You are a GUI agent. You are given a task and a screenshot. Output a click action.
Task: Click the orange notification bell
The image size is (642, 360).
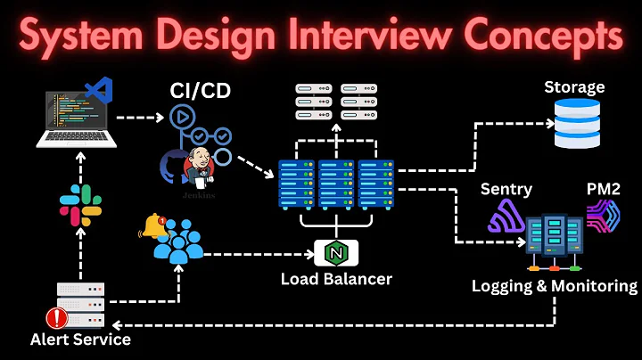coord(153,226)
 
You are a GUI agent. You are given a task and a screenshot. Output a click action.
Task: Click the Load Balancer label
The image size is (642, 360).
coord(335,279)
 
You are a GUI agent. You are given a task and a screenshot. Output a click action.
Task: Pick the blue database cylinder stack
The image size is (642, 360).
coord(578,123)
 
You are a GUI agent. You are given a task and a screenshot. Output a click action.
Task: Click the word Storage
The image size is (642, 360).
coord(574,87)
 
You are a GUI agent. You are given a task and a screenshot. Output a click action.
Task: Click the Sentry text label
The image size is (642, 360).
coord(506,189)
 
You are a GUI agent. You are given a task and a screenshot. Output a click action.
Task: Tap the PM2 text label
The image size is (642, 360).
coord(604,189)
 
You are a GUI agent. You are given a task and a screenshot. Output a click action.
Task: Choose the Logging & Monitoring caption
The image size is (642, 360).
coord(555,286)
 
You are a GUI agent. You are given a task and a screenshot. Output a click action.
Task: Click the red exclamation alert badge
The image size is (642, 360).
coord(59,317)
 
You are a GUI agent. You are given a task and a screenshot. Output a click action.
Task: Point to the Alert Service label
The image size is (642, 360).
coord(80,340)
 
